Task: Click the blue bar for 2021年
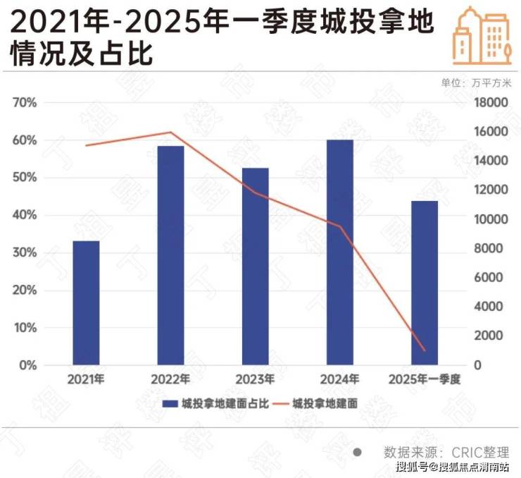coord(86,303)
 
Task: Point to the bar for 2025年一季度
coord(425,283)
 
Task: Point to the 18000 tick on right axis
coord(490,103)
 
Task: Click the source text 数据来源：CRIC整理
coord(446,452)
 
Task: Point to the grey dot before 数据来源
coord(357,452)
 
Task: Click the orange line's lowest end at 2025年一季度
coord(425,350)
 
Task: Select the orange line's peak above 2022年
coord(170,132)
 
